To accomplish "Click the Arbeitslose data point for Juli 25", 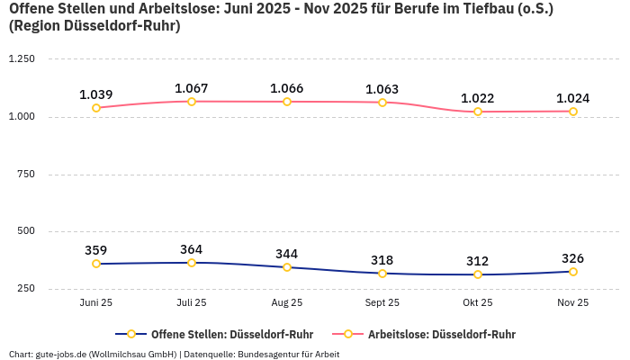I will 192,102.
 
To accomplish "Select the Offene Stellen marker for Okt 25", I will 478,274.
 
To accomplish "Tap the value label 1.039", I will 96,94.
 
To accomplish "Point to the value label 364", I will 192,249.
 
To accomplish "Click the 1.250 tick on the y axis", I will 21,59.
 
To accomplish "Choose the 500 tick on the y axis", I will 25,231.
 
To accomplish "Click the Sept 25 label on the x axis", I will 382,303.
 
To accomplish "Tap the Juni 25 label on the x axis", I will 96,303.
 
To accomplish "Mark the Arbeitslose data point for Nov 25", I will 573,112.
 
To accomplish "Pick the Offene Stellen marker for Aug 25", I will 287,267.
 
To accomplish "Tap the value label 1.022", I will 478,98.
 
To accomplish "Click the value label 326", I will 573,258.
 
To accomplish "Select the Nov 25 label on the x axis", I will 573,303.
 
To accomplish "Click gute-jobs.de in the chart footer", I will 62,355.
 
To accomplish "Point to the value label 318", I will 382,260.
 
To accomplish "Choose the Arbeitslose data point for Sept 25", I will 382,103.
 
